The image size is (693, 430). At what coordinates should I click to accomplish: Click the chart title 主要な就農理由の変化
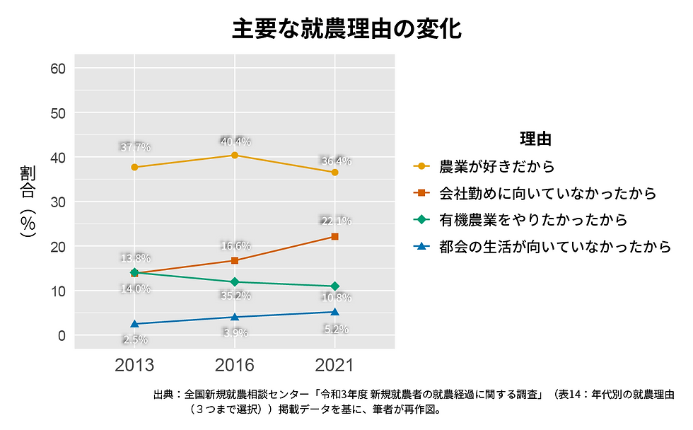coord(346,29)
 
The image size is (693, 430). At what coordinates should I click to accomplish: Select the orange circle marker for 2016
coord(235,155)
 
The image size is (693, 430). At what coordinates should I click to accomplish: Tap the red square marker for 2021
coord(334,236)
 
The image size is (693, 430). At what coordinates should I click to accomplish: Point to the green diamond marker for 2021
coord(334,286)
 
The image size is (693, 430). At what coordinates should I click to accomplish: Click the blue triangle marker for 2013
coord(134,323)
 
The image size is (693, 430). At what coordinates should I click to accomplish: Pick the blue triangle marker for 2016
coord(235,316)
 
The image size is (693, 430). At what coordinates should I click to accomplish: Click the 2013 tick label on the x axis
coord(134,365)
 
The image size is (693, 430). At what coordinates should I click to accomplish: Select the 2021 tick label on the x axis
coord(334,365)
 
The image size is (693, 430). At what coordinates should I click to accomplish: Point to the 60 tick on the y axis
coord(58,68)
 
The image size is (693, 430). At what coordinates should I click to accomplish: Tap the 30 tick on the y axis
coord(58,202)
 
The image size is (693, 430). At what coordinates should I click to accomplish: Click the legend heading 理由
coord(535,138)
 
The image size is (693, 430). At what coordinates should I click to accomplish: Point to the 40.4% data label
coord(235,141)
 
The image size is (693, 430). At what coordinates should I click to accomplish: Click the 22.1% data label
coord(335,221)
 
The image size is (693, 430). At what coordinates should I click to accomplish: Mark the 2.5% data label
coord(135,339)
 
